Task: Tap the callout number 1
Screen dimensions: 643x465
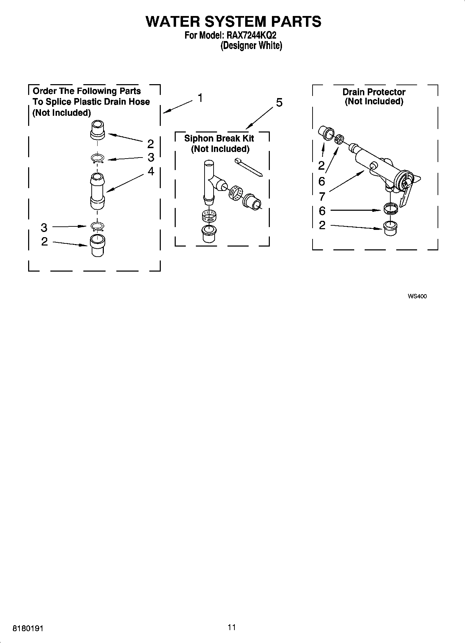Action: tap(200, 98)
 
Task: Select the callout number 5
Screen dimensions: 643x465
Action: tap(279, 103)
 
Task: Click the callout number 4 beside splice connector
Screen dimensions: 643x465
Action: tap(151, 171)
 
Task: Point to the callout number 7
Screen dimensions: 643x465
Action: tap(322, 197)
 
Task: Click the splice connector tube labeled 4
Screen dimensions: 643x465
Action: tap(98, 191)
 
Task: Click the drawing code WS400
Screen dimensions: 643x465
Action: tap(417, 296)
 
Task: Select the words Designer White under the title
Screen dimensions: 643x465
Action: tap(251, 46)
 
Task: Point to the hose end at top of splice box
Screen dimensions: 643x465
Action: tap(98, 129)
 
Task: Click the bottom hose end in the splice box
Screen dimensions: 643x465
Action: tap(97, 245)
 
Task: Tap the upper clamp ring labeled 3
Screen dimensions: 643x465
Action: tap(98, 159)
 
